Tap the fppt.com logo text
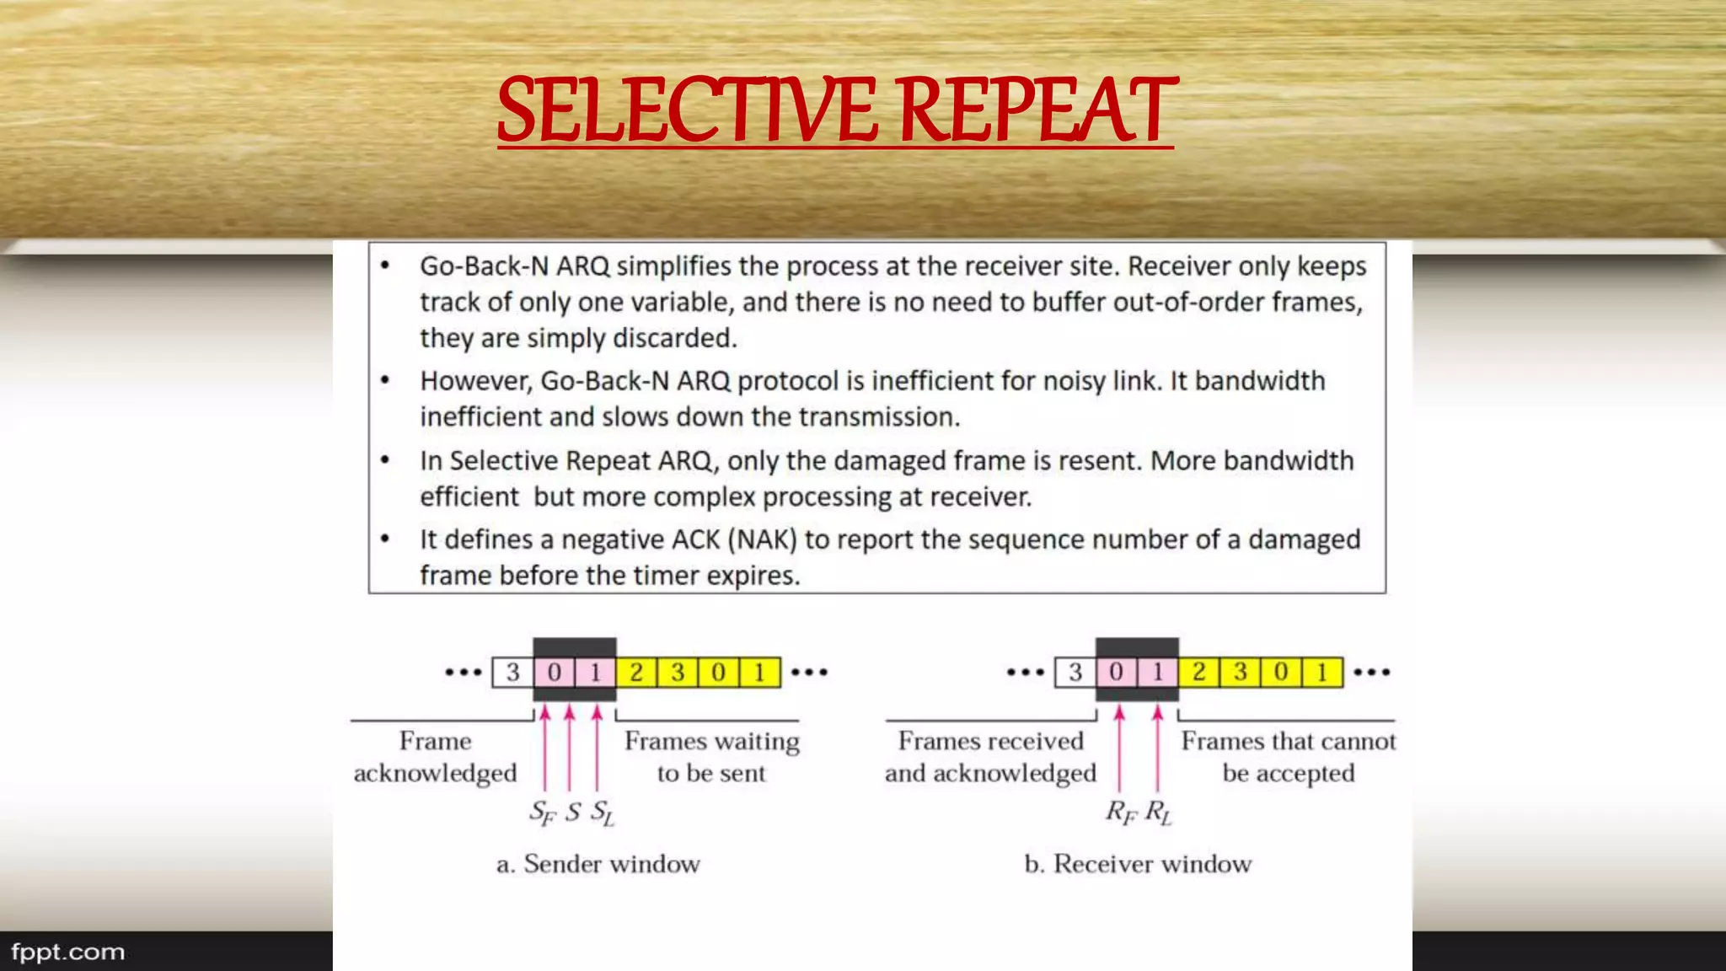point(67,952)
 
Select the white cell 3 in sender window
point(512,673)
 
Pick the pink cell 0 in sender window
point(554,673)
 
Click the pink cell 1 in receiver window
point(1157,673)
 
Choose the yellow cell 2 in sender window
point(636,673)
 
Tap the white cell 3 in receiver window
point(1075,673)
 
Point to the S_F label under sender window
point(542,813)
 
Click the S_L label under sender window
point(602,813)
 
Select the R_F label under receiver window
point(1121,813)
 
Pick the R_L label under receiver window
point(1158,813)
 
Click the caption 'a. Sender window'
point(598,864)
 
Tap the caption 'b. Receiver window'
point(1138,864)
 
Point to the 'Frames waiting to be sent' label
point(711,757)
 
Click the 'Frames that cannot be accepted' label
point(1288,757)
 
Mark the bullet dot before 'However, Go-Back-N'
point(385,381)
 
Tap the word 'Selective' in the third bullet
point(503,461)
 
